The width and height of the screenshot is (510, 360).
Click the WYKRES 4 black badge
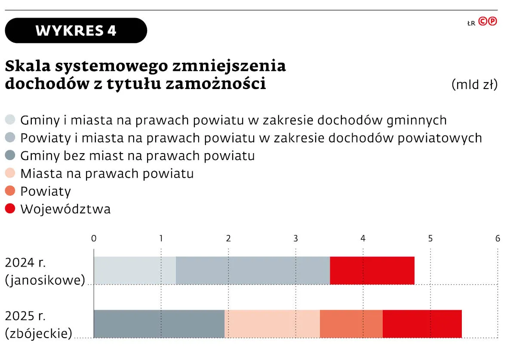tap(76, 31)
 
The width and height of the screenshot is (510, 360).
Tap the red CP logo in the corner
tap(488, 22)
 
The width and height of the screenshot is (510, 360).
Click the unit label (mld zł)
tap(474, 84)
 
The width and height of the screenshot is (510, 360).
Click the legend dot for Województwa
tap(11, 209)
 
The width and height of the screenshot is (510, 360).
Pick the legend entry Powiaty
tap(45, 191)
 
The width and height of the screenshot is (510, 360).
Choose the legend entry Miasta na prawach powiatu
tap(107, 173)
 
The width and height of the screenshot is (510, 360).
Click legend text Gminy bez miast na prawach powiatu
tap(137, 156)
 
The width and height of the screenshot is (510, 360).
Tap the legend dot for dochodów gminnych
tap(11, 120)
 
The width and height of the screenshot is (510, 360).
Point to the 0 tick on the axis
tap(94, 238)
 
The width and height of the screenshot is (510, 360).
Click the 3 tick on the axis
tap(295, 238)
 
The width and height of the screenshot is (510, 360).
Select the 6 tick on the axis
tap(498, 238)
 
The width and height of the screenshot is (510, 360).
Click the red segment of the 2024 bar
tap(372, 271)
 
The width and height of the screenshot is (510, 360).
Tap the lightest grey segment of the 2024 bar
tap(135, 271)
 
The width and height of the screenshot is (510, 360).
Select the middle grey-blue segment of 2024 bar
tap(253, 271)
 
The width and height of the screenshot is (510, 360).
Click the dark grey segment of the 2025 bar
tap(159, 323)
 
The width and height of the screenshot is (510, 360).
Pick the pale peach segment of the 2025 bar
tap(272, 323)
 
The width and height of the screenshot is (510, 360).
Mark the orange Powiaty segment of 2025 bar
tap(351, 323)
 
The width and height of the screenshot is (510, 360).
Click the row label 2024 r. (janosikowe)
tap(45, 271)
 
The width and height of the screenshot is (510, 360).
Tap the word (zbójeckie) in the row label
tap(39, 333)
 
